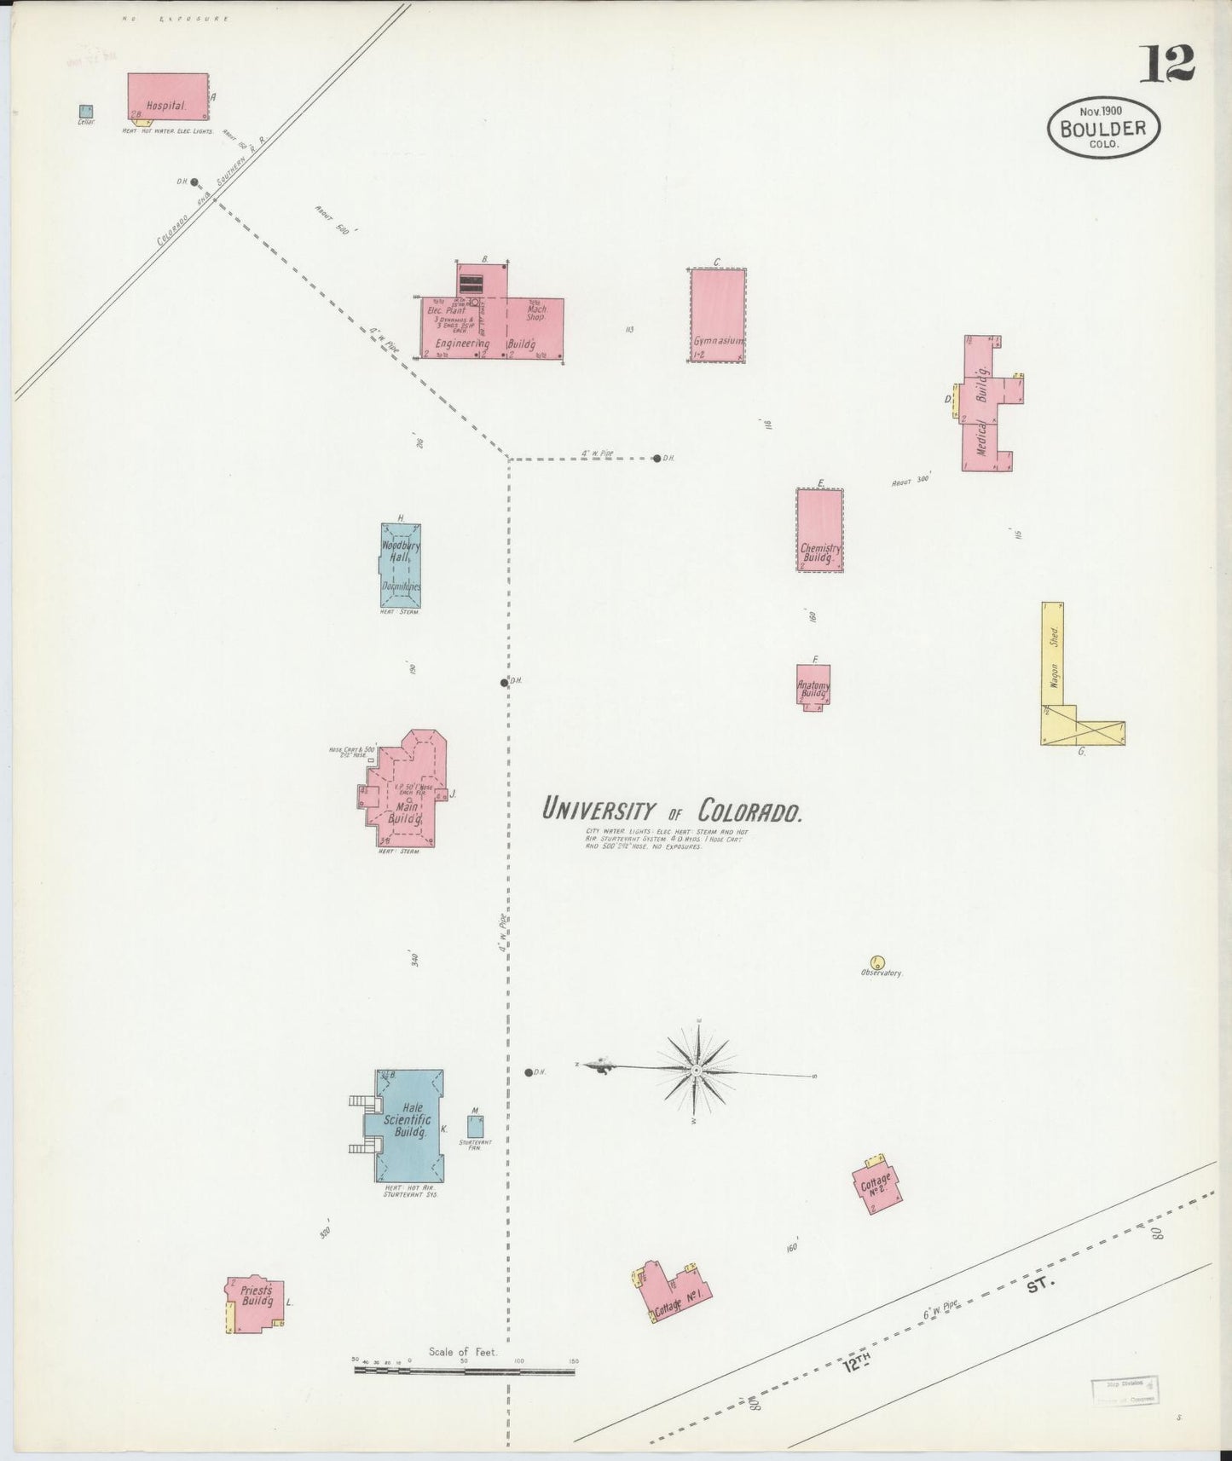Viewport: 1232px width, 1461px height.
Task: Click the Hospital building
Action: [168, 95]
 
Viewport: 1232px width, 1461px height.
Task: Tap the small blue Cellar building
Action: [86, 111]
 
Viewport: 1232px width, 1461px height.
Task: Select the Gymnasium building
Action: [717, 315]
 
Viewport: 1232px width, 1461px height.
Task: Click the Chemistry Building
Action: [819, 529]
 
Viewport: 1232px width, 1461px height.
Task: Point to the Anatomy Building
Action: [813, 684]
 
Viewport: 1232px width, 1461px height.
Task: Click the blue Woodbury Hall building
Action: [400, 564]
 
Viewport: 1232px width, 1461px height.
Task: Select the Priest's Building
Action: [255, 1303]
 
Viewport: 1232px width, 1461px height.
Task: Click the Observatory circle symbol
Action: [876, 962]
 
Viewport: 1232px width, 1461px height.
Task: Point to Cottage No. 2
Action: [876, 1184]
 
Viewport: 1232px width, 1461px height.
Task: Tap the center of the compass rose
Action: [697, 1069]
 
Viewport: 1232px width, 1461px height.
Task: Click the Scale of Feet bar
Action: [465, 1371]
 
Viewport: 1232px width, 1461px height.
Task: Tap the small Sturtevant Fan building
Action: [475, 1125]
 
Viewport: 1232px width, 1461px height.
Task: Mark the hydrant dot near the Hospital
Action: [194, 182]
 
